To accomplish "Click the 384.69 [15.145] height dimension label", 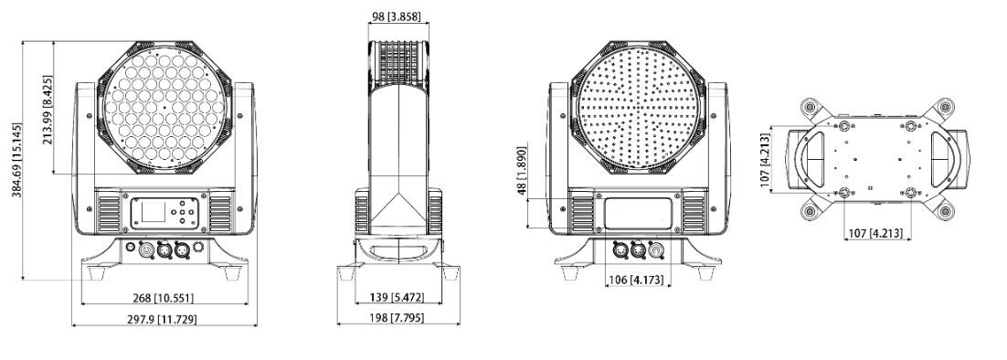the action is [17, 160].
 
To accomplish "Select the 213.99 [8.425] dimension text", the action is [48, 110].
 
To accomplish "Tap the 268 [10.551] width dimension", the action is [164, 298].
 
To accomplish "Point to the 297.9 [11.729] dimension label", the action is [164, 319].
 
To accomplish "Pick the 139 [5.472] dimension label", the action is [398, 297].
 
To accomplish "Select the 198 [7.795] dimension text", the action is [398, 318].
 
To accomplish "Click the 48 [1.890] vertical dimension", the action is [521, 171].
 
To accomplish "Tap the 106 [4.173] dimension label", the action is [636, 281].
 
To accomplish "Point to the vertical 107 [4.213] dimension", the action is [764, 161].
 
